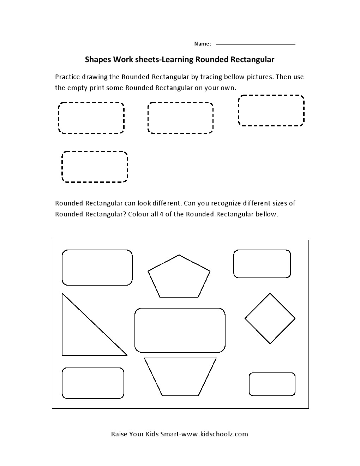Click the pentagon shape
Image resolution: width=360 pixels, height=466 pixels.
179,277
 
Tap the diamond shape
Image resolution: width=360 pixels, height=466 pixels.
270,318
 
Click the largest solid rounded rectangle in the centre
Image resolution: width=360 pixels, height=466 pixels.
180,330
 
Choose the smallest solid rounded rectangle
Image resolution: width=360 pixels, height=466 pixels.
272,384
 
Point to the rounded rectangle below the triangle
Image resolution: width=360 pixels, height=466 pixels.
93,383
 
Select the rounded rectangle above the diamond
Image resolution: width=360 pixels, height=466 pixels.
262,264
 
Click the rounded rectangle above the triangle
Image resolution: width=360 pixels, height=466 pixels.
97,267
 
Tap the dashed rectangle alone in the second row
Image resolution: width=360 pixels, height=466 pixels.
95,167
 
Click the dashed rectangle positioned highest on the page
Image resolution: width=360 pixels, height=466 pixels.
271,110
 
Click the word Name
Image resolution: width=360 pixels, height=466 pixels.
202,44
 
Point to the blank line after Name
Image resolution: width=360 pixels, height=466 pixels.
256,44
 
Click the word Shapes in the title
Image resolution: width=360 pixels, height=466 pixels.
98,60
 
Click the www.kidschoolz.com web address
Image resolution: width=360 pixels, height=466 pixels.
214,434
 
